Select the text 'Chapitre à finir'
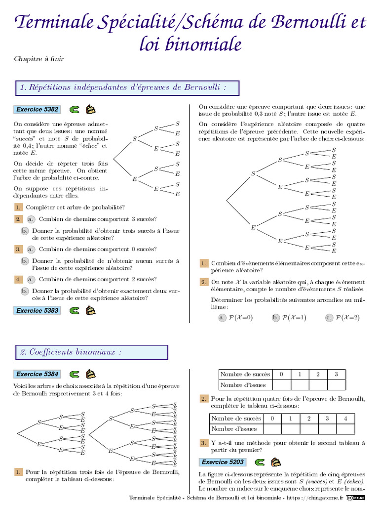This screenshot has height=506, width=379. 39,59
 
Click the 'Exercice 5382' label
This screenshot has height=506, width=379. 38,109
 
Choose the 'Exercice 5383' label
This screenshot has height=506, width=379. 38,311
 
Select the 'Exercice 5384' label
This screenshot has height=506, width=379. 38,374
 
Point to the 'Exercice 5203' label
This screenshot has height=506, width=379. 223,462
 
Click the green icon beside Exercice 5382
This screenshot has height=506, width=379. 75,109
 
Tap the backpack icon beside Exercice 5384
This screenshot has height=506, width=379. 90,374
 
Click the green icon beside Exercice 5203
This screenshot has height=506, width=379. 260,462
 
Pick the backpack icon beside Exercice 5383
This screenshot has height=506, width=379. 90,311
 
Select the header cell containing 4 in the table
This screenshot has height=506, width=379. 345,419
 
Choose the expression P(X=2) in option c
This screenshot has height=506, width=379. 347,318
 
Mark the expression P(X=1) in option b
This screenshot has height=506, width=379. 294,318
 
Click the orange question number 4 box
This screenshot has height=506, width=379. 18,279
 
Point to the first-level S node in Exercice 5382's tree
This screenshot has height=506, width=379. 134,139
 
